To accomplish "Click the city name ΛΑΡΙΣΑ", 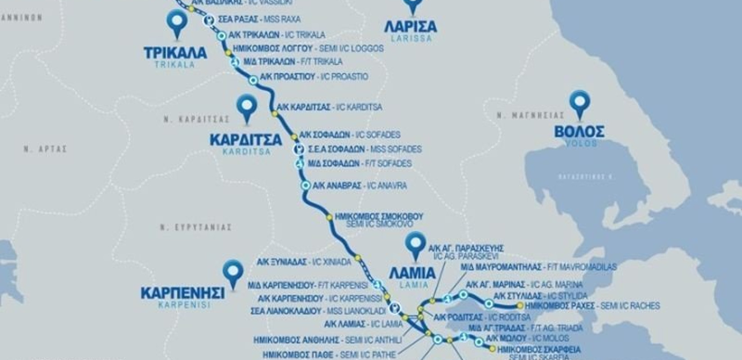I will [410, 26].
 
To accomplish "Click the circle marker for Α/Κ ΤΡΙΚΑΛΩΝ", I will [221, 36].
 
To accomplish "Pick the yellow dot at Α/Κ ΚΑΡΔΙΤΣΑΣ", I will [275, 114].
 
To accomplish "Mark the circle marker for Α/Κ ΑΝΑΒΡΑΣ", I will [306, 185].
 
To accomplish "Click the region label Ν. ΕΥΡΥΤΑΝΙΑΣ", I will [196, 228].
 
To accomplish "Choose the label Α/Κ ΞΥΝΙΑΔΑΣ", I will [282, 262].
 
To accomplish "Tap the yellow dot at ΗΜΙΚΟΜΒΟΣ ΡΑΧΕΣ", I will [520, 306].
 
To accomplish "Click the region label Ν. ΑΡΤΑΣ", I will [45, 149].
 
